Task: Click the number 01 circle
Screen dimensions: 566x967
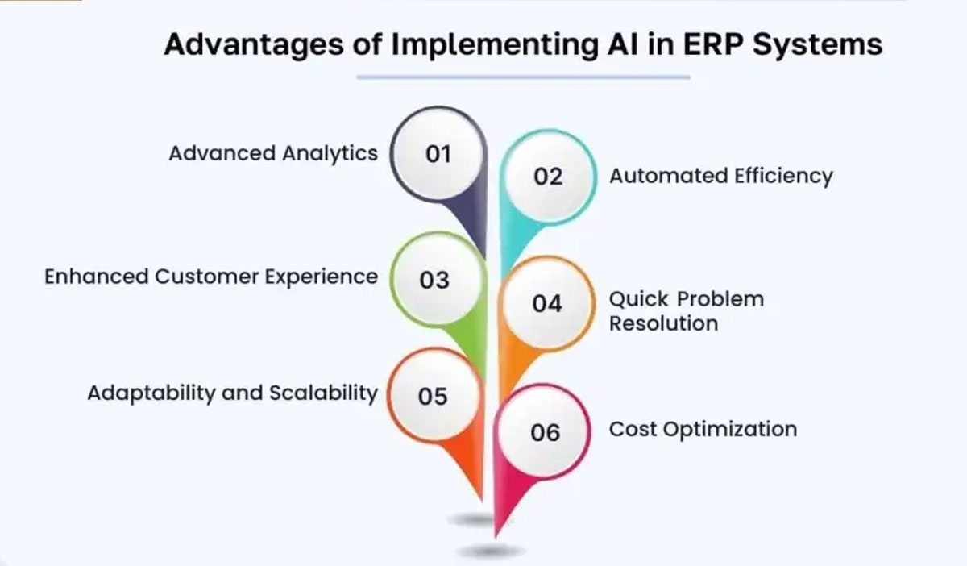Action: (438, 153)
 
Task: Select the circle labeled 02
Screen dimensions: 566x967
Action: (548, 176)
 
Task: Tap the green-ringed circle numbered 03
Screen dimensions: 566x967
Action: (434, 280)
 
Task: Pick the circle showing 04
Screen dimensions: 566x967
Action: (546, 303)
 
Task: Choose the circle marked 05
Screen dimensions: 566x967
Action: (434, 396)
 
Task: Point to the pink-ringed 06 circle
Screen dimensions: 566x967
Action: (545, 432)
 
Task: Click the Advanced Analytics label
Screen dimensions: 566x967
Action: (272, 153)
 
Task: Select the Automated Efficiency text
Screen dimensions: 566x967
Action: (720, 176)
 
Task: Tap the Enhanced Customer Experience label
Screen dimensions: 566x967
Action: (210, 277)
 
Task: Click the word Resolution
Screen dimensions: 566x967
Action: (662, 323)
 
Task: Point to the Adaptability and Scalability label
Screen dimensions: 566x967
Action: (232, 393)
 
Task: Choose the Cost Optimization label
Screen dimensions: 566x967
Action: (703, 429)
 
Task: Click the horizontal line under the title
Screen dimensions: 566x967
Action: (523, 77)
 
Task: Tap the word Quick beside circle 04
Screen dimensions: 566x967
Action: (638, 299)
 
